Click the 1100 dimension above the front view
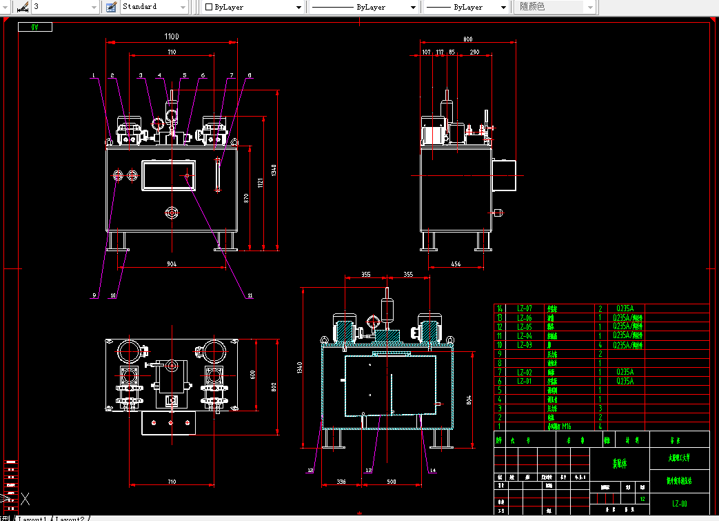172,37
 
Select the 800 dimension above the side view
468,39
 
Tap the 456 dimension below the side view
456,264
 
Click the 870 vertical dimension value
246,197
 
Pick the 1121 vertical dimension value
261,183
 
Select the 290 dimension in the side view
474,52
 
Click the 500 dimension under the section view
391,482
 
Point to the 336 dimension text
340,482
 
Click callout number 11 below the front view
250,295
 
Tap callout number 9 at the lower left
94,295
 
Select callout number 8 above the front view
250,75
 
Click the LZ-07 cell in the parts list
524,308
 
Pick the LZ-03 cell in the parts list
524,344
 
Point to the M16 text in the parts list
566,426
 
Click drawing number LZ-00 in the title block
679,504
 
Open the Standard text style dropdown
154,7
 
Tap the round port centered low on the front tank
171,213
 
